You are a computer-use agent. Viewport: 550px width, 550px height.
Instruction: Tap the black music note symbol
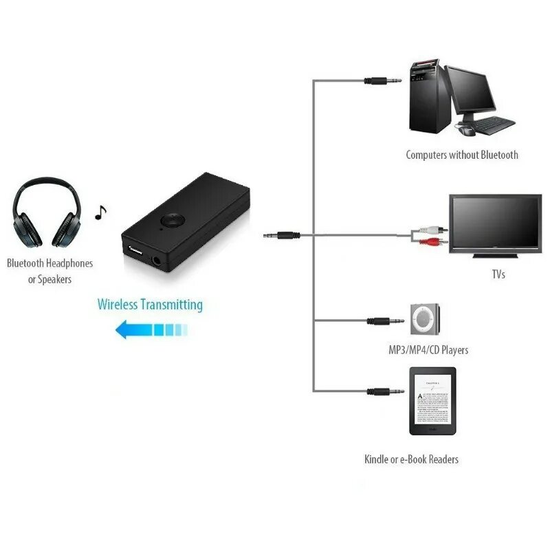tap(101, 212)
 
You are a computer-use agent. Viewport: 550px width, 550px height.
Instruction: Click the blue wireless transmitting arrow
tap(151, 331)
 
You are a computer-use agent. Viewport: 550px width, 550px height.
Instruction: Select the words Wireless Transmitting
tap(150, 304)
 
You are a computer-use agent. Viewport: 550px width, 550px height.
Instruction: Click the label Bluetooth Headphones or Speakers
tap(49, 271)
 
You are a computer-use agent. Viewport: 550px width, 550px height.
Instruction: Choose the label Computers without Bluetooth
tap(462, 155)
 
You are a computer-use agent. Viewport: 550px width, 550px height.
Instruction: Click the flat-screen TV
tap(495, 224)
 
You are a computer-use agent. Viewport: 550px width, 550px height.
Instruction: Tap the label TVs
tap(498, 275)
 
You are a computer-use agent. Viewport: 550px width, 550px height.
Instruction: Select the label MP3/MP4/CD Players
tap(428, 351)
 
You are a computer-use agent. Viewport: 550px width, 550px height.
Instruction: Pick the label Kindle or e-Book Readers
tap(411, 459)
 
